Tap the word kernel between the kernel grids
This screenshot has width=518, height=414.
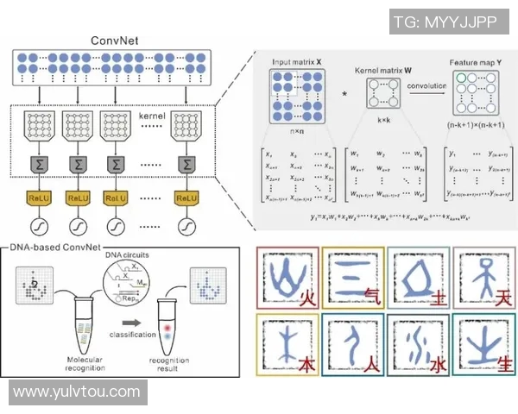point(152,114)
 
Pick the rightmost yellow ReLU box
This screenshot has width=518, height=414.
point(188,198)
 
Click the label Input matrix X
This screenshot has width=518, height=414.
point(296,63)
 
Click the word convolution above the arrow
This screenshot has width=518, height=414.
point(428,87)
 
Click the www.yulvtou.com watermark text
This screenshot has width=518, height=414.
point(77,392)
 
